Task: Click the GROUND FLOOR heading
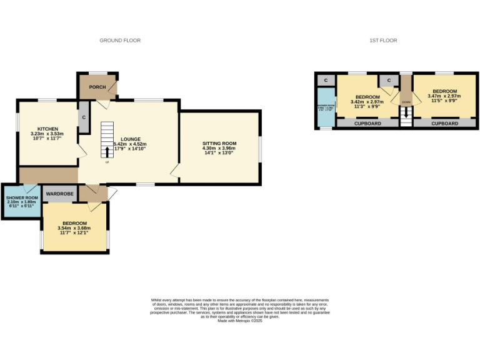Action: click(120, 41)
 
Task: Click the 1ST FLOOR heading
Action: click(383, 41)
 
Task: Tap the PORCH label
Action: click(97, 87)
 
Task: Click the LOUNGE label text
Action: click(131, 139)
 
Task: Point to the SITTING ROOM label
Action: click(218, 143)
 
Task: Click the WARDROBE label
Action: click(60, 194)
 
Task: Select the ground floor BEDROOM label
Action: click(74, 223)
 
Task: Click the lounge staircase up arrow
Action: click(107, 152)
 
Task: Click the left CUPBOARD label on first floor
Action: click(367, 124)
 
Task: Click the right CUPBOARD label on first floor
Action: click(444, 124)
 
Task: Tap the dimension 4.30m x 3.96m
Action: click(218, 149)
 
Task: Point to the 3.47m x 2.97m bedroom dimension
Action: click(444, 96)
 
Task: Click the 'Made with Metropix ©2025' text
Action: click(240, 321)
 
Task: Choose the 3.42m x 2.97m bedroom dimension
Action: click(367, 102)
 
